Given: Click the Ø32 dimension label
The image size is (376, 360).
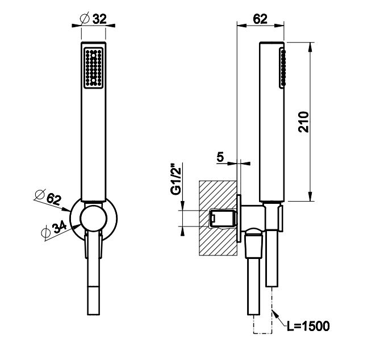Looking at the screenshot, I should (94, 19).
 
